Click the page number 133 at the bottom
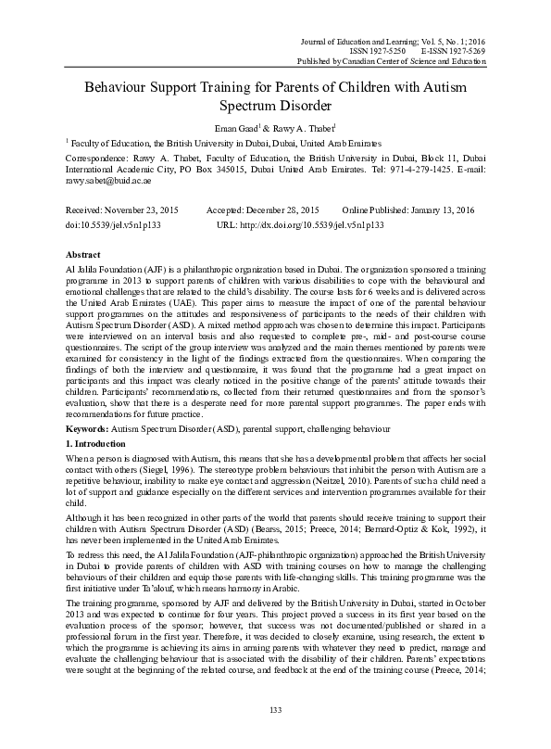[274, 710]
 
